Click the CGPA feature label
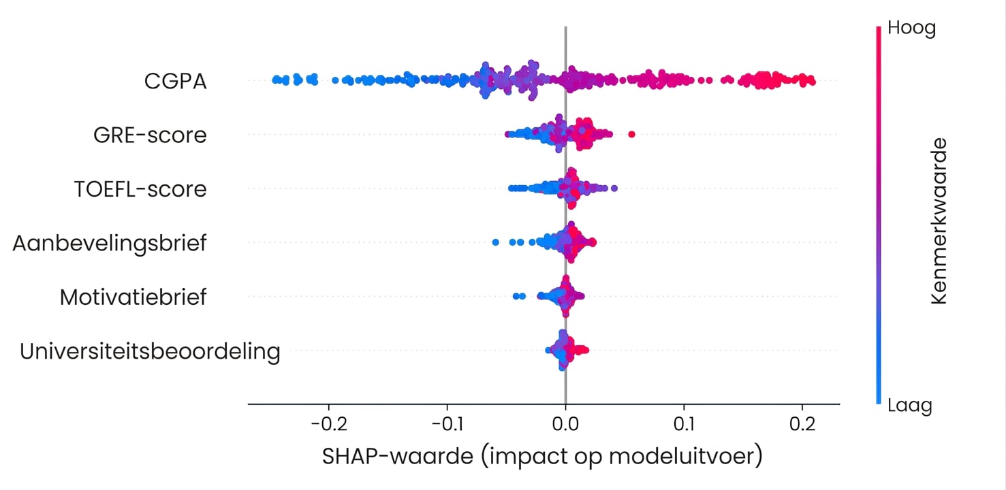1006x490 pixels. point(175,81)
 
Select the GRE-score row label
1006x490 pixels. point(150,135)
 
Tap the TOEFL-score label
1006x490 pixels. point(140,189)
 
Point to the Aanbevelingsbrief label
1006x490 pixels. point(110,244)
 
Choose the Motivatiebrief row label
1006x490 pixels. point(133,297)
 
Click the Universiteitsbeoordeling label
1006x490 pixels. point(150,352)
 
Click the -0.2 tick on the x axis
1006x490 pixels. point(329,424)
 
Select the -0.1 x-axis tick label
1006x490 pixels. point(447,424)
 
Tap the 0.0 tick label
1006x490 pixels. point(565,424)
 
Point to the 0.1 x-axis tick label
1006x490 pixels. point(684,424)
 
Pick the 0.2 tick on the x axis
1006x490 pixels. point(802,424)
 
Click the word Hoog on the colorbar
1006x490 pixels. point(912,29)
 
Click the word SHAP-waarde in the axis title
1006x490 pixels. point(398,457)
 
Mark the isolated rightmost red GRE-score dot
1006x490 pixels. point(631,134)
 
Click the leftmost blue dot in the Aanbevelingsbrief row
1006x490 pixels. point(495,242)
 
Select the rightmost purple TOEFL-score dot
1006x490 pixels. point(614,188)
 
